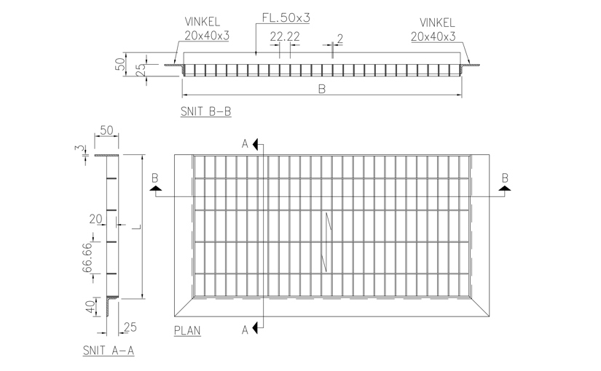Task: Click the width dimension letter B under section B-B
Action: (321, 89)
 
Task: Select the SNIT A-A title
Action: (109, 351)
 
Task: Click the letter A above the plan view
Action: (245, 143)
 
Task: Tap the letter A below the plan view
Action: (245, 330)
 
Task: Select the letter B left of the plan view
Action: (154, 177)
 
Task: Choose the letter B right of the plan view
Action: (503, 177)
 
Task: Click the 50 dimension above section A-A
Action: (106, 130)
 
